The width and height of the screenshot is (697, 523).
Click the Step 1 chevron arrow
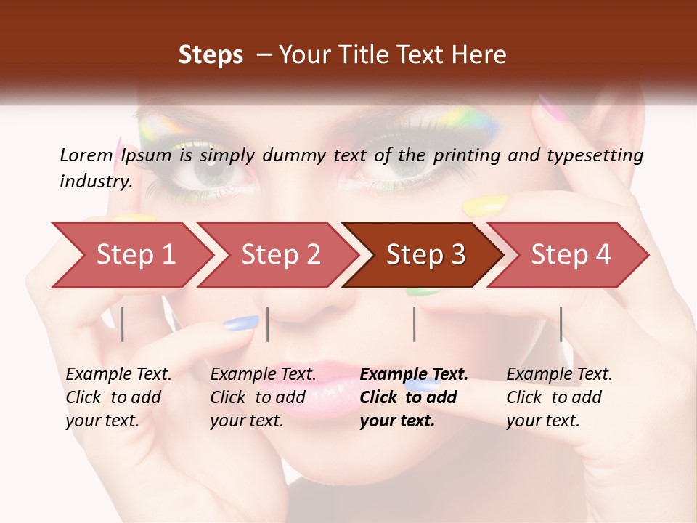point(131,254)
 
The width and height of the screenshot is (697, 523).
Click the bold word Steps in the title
point(211,55)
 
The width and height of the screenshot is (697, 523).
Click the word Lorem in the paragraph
point(84,155)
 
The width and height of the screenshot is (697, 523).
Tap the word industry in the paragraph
point(94,181)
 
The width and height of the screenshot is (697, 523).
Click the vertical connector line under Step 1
point(123,324)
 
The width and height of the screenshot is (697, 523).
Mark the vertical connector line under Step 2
point(268,324)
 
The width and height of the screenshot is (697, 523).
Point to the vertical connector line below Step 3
point(414,324)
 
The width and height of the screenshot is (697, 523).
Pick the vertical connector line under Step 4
point(561,324)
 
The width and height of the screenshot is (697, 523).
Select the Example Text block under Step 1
point(118,397)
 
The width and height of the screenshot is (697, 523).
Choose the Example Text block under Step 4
point(559,397)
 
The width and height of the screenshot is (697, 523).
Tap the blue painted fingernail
point(241,323)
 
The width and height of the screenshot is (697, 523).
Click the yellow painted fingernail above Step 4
point(484,206)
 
